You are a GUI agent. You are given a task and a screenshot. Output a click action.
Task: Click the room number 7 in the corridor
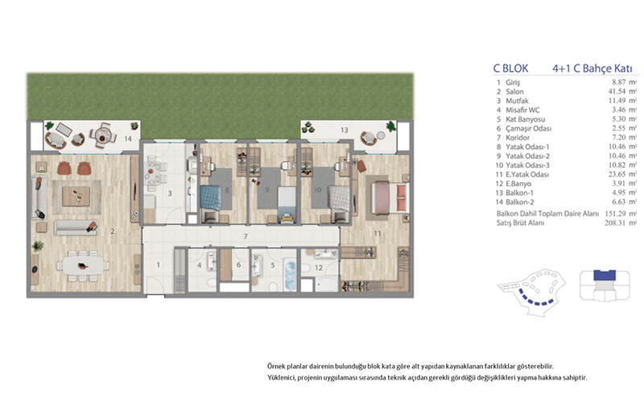[x=246, y=236]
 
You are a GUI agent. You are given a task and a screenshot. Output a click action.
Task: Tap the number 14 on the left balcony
[x=128, y=139]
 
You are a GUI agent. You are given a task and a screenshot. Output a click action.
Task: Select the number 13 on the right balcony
[x=345, y=130]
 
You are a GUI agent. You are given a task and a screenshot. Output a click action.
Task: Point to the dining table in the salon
[x=84, y=266]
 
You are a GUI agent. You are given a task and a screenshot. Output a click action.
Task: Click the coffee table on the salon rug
[x=76, y=197]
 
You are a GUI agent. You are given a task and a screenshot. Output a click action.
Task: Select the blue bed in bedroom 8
[x=210, y=197]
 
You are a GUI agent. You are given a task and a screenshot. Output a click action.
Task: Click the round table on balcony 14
[x=103, y=135]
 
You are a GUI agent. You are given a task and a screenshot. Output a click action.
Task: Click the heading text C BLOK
[x=511, y=69]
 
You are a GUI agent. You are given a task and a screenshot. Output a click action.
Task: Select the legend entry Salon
[x=514, y=92]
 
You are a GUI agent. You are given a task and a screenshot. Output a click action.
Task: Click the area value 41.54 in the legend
[x=617, y=92]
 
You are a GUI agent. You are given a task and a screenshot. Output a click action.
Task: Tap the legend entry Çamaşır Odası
[x=529, y=129]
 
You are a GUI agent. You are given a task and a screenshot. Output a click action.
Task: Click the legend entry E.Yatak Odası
[x=527, y=174]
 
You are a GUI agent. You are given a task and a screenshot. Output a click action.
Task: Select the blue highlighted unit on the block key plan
[x=605, y=275]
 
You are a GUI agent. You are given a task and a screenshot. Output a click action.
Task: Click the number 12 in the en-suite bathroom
[x=319, y=268]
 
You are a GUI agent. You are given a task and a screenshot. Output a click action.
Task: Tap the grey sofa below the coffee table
[x=76, y=227]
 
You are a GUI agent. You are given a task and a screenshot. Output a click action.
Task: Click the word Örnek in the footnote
[x=276, y=366]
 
